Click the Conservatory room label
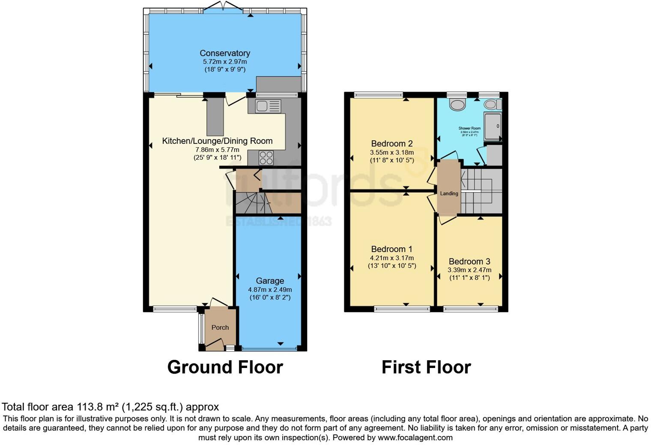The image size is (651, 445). [x=225, y=53]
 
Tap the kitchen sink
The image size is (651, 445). [x=268, y=106]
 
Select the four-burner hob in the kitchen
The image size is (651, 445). [x=266, y=157]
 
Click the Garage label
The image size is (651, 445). [x=270, y=281]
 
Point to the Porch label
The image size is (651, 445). [x=220, y=327]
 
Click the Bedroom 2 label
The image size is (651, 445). [x=391, y=144]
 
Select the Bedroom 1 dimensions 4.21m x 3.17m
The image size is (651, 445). [x=391, y=258]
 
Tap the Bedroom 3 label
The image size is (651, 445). [x=469, y=261]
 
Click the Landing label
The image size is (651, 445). [x=449, y=193]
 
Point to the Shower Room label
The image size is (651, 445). [x=469, y=128]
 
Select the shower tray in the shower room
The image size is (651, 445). [x=493, y=126]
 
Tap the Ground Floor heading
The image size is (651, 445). [x=225, y=367]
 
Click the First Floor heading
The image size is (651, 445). [x=426, y=367]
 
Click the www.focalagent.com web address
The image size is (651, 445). [x=415, y=437]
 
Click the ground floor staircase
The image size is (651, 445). [x=253, y=203]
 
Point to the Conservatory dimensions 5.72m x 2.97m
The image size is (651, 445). [x=225, y=62]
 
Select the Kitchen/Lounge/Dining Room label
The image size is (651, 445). [x=217, y=141]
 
